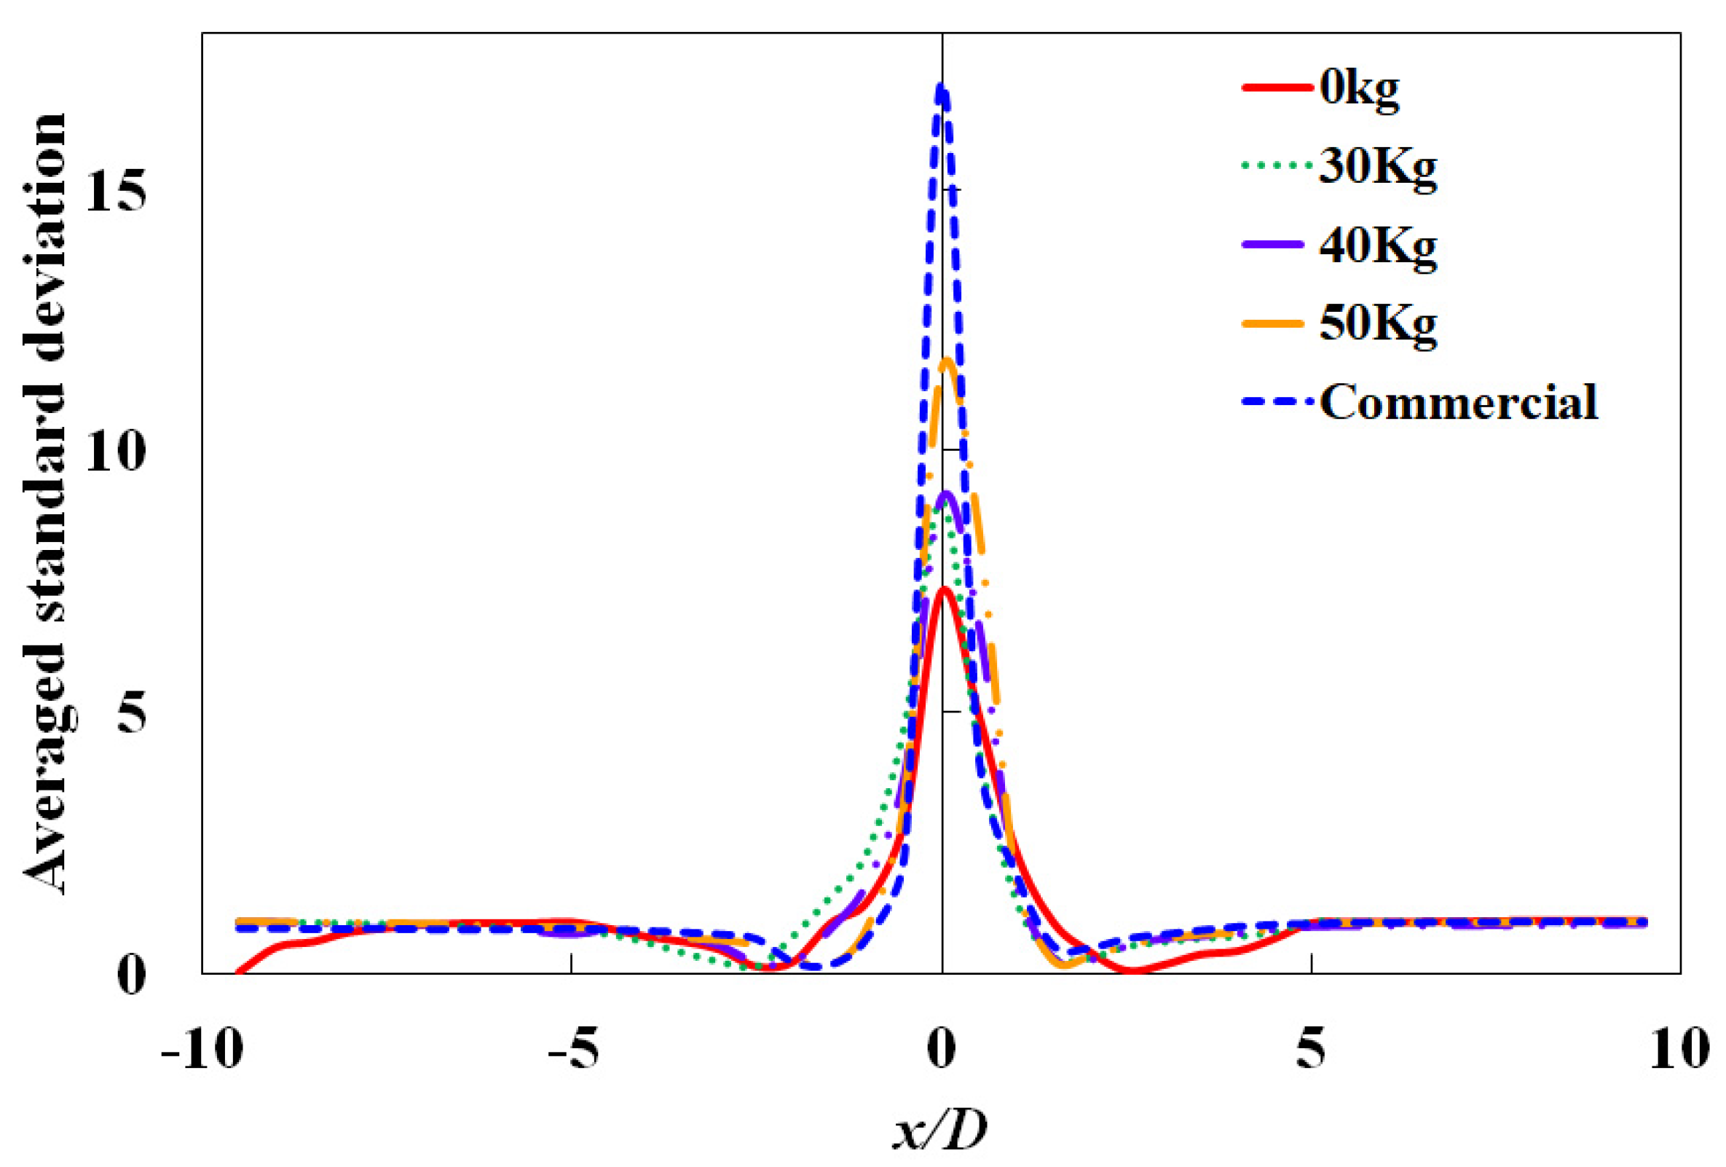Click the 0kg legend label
pyautogui.click(x=1359, y=89)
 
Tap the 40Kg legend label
pyautogui.click(x=1378, y=248)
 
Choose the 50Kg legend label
pyautogui.click(x=1378, y=325)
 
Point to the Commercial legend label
pyautogui.click(x=1459, y=403)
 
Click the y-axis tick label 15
pyautogui.click(x=115, y=191)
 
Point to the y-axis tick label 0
pyautogui.click(x=132, y=975)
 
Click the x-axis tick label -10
pyautogui.click(x=202, y=1050)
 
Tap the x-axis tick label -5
pyautogui.click(x=572, y=1050)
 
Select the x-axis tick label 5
pyautogui.click(x=1311, y=1050)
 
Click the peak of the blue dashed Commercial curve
pyautogui.click(x=941, y=87)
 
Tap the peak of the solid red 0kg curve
pyautogui.click(x=943, y=589)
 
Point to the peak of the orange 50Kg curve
pyautogui.click(x=947, y=362)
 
